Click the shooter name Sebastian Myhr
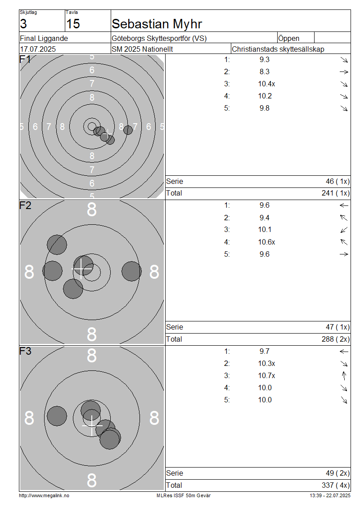157,24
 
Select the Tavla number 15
73,24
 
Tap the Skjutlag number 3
23,24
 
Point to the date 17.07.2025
38,49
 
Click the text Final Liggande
44,39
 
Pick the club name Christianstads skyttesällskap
278,49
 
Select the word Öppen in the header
288,39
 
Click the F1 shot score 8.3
264,72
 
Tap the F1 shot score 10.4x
266,84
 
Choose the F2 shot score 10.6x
266,242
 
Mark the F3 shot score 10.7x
266,376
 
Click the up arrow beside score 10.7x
344,376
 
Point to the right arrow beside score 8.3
344,72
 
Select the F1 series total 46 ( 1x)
337,182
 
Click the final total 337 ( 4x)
336,486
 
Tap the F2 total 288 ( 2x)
336,339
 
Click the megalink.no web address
44,496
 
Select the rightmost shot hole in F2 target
132,271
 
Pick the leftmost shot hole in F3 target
57,416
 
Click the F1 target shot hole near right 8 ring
128,130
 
